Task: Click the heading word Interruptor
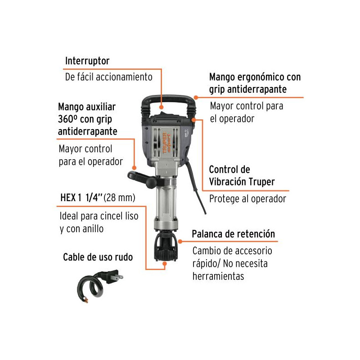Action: pyautogui.click(x=87, y=61)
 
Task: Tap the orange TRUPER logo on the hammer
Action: pyautogui.click(x=165, y=143)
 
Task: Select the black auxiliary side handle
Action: pyautogui.click(x=142, y=179)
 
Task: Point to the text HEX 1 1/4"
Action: pyautogui.click(x=81, y=198)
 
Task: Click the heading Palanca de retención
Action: pyautogui.click(x=233, y=234)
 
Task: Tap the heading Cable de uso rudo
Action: pyautogui.click(x=98, y=257)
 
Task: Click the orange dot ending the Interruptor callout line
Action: pyautogui.click(x=162, y=107)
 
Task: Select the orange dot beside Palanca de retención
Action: pyautogui.click(x=180, y=241)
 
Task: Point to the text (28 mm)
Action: pyautogui.click(x=119, y=198)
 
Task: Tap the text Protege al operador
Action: pyautogui.click(x=247, y=199)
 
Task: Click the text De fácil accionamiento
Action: pyautogui.click(x=108, y=77)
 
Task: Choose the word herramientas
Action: pyautogui.click(x=218, y=276)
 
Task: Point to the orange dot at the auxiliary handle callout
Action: pyautogui.click(x=134, y=168)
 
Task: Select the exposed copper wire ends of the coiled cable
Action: pyautogui.click(x=86, y=300)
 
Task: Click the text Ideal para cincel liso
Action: pyautogui.click(x=99, y=216)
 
